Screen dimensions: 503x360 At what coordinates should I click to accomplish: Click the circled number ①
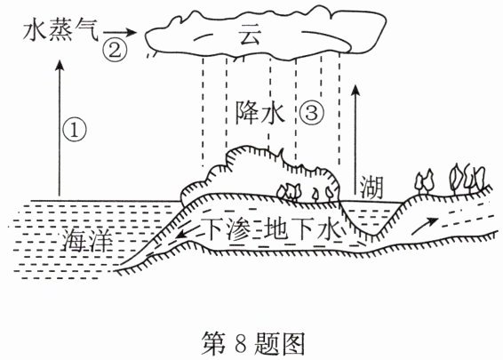click(x=75, y=129)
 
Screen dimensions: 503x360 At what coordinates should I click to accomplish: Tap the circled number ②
click(x=115, y=51)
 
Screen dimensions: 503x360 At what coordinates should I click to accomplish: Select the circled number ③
click(x=312, y=113)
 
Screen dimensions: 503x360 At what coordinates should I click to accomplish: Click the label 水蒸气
click(x=60, y=31)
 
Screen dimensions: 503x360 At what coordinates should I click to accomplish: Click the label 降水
click(x=259, y=113)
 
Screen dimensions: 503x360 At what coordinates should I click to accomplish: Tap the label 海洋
click(x=87, y=240)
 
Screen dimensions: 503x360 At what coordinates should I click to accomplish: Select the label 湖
click(x=371, y=188)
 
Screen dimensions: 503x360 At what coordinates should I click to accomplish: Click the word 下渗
click(x=228, y=228)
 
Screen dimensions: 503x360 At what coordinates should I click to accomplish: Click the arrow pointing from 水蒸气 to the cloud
click(x=120, y=32)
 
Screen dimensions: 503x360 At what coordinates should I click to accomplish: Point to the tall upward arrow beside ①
click(x=60, y=128)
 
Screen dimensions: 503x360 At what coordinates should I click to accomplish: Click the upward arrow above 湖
click(x=355, y=140)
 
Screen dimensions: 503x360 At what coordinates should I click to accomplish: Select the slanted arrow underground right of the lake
click(x=425, y=226)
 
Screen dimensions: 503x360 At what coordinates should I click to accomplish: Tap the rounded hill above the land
click(x=259, y=173)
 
